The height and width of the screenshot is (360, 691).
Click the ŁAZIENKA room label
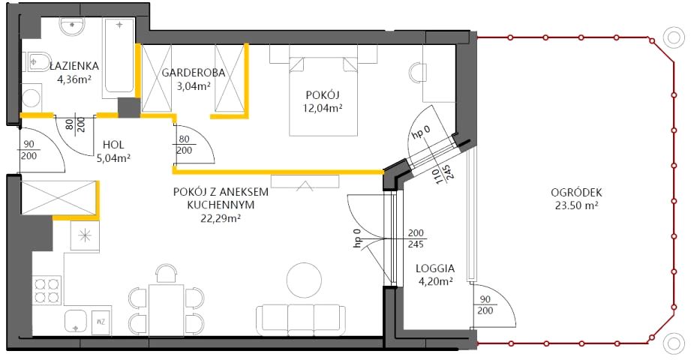tap(74, 66)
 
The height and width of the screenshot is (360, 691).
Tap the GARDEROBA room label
tap(193, 73)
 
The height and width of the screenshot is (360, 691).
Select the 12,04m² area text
tap(323, 108)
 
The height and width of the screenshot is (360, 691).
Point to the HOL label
tap(113, 145)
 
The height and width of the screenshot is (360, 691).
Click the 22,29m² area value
tap(221, 217)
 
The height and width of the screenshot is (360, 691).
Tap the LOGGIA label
tap(435, 268)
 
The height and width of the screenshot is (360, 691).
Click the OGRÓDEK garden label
tap(576, 193)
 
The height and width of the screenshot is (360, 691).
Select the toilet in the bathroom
tap(38, 61)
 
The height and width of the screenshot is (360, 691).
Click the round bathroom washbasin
tap(72, 27)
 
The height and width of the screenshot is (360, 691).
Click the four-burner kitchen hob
tap(47, 289)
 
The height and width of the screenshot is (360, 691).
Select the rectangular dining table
tap(166, 310)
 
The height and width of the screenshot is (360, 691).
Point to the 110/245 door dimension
tap(443, 175)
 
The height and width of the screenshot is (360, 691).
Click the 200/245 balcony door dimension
tap(416, 238)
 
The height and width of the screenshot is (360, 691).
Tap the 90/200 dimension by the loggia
tap(485, 305)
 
